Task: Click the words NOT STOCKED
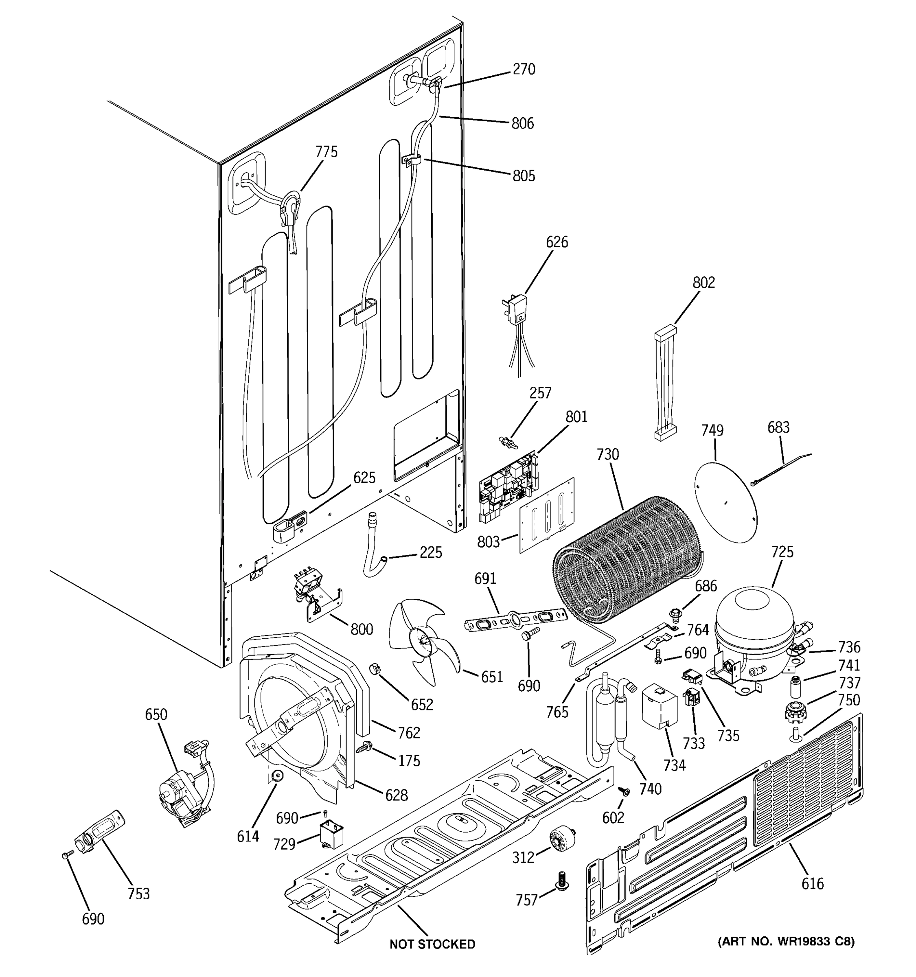coord(432,944)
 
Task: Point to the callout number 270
coord(524,69)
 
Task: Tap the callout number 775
coord(327,152)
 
